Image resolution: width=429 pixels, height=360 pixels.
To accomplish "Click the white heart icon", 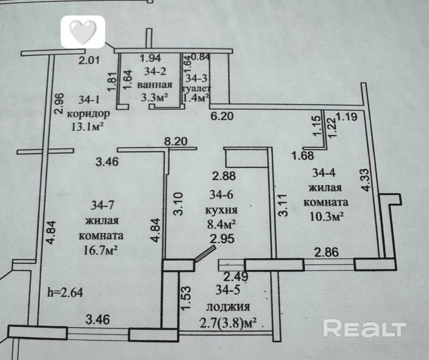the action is [83, 32].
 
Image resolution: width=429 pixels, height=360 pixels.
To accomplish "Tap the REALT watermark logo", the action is [365, 328].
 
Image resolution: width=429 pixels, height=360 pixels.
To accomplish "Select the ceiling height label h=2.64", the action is [65, 292].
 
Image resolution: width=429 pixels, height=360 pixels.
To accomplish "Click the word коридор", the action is [88, 113].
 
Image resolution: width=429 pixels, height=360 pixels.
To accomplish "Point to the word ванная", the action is [155, 84].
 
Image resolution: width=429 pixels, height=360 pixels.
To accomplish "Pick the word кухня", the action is [222, 210].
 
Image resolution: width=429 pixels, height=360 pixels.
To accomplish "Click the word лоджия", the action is [228, 307].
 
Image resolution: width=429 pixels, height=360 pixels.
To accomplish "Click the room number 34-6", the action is [222, 195].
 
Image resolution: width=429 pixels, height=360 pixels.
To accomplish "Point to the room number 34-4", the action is [324, 173].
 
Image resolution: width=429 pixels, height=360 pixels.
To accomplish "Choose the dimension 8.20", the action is [175, 141].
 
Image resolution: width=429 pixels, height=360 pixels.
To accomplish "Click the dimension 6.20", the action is [222, 116].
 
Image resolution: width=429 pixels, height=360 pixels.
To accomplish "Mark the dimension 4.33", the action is [365, 180].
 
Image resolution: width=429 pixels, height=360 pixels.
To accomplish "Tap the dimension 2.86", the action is [326, 252].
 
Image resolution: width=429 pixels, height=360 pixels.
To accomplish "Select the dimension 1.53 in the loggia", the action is [186, 298].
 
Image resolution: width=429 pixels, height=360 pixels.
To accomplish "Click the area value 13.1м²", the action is [87, 127].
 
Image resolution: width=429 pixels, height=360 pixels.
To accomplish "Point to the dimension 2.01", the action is [89, 60].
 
